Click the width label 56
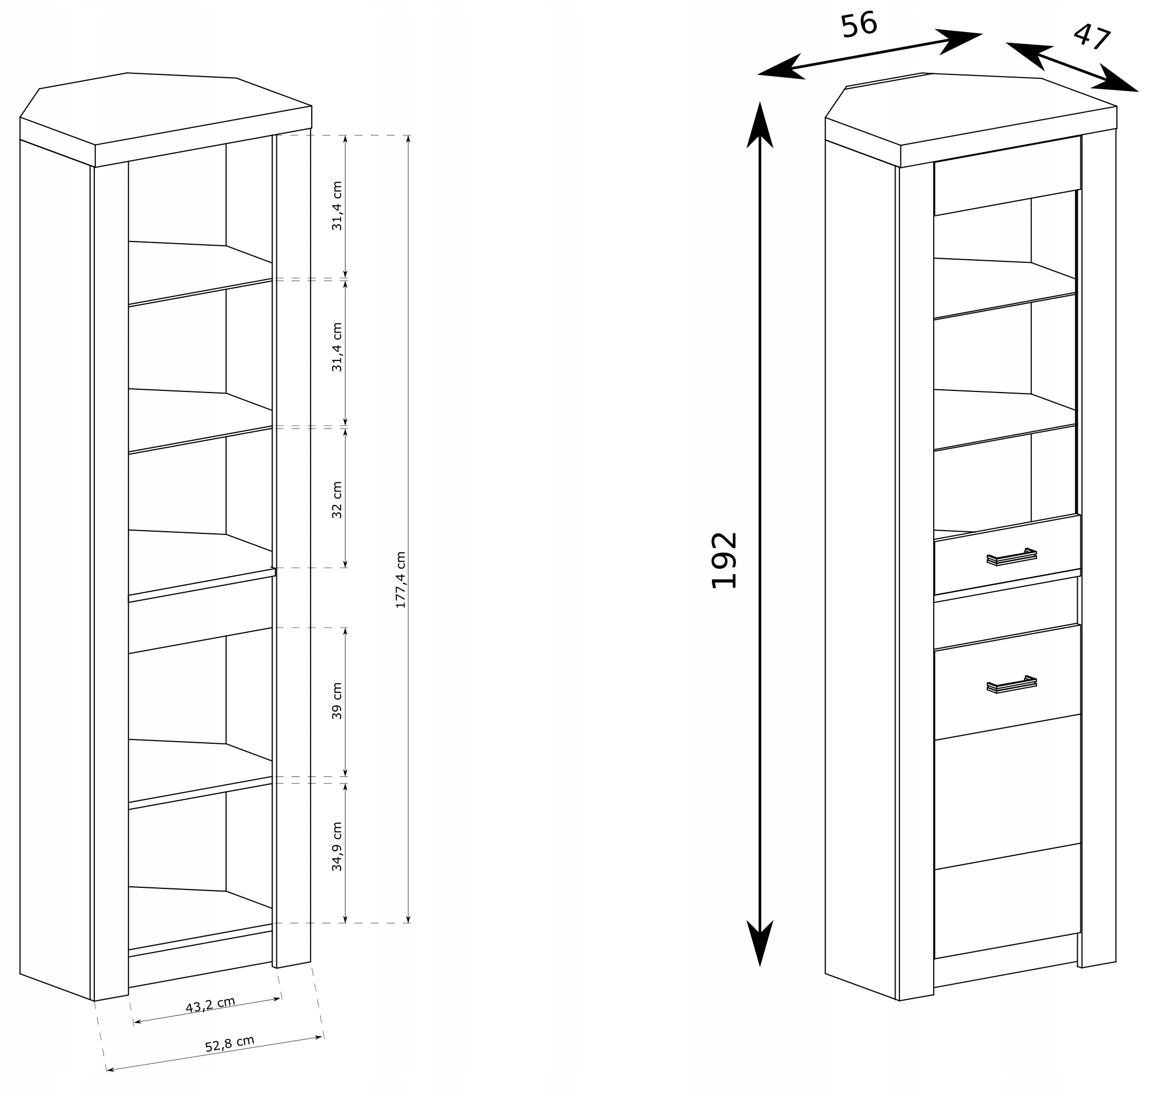(x=859, y=26)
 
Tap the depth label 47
(x=1091, y=37)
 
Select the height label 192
(x=725, y=560)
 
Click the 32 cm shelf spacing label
(x=337, y=500)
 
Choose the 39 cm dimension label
(x=337, y=700)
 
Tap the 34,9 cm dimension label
(x=337, y=846)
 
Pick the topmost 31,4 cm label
(x=337, y=206)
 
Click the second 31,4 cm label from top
(x=337, y=347)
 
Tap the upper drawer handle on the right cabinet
(x=1011, y=557)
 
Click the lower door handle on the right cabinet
(x=1011, y=684)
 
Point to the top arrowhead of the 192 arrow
(x=760, y=125)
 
